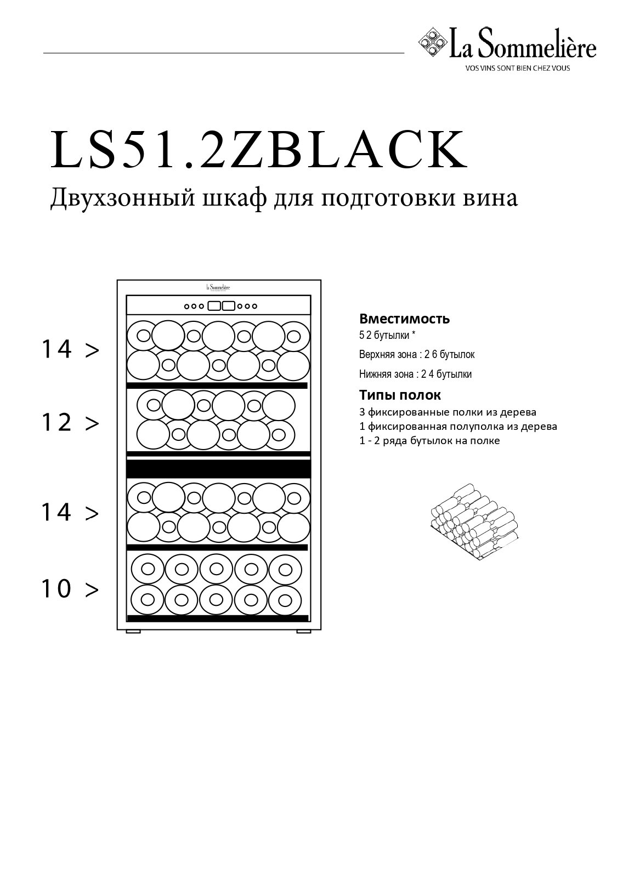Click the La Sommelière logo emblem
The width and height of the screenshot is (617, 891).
point(432,43)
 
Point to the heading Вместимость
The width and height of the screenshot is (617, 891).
point(404,319)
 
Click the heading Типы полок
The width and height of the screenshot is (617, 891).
point(400,395)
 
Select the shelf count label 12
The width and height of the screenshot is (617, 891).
point(57,423)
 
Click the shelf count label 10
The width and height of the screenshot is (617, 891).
point(57,589)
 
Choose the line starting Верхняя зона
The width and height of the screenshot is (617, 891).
point(417,354)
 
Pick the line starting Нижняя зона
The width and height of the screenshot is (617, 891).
point(415,374)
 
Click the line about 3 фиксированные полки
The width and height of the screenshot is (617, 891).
point(448,412)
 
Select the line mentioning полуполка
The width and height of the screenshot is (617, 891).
point(458,427)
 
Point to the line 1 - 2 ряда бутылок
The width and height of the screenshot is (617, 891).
point(429,441)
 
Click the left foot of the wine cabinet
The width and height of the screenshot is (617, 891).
point(133,631)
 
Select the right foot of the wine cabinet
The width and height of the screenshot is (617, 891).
point(303,631)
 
